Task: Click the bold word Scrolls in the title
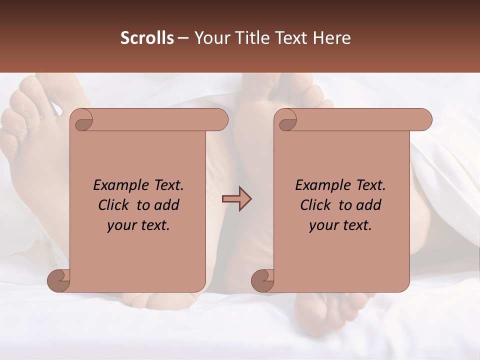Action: [x=147, y=38]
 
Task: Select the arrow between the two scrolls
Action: [x=236, y=199]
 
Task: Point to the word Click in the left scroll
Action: [x=114, y=205]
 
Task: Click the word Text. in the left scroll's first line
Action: [x=167, y=185]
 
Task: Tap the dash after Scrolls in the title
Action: [x=183, y=38]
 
